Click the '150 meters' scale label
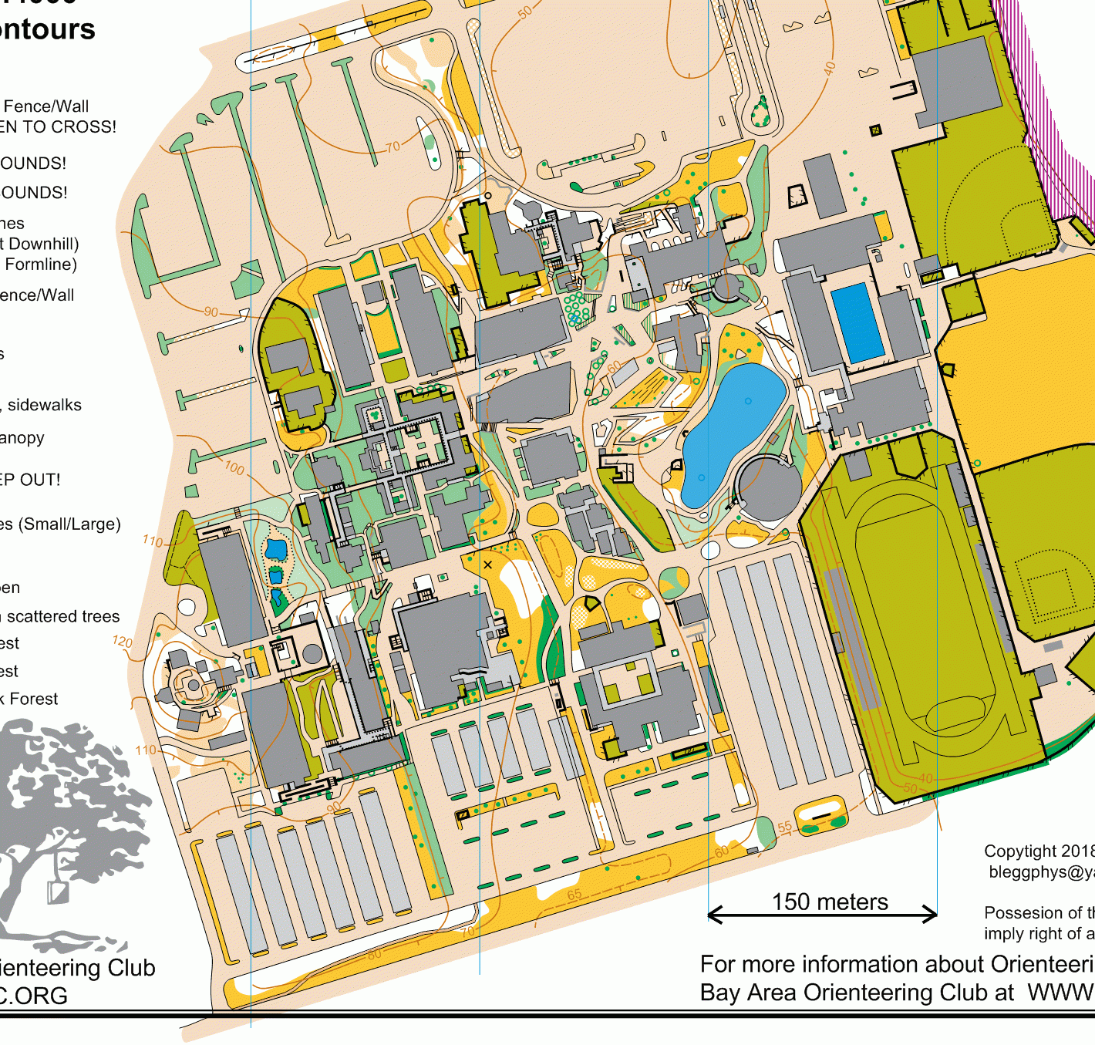click(830, 902)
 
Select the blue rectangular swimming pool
click(857, 322)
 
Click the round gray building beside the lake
click(768, 487)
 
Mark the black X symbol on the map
click(487, 565)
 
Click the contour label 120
click(122, 642)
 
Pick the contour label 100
click(234, 467)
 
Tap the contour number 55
click(784, 827)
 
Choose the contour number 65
click(574, 895)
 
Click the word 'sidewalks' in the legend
click(45, 405)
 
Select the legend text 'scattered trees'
click(63, 616)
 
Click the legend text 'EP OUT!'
click(30, 480)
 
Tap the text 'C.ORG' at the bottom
click(34, 996)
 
